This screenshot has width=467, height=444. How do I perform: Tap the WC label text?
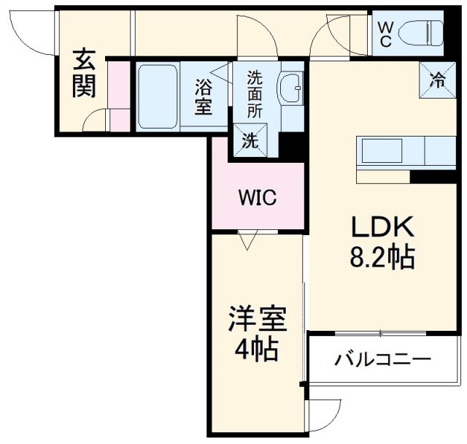point(386,33)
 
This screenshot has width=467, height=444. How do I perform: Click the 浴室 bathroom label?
point(204,96)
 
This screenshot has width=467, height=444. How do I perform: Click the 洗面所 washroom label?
point(255,93)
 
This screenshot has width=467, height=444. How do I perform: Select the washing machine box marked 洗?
point(250,139)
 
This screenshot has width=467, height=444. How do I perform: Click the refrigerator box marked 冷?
point(437,80)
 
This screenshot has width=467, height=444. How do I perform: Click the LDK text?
point(383,229)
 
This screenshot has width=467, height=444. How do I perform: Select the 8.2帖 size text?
point(383,257)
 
